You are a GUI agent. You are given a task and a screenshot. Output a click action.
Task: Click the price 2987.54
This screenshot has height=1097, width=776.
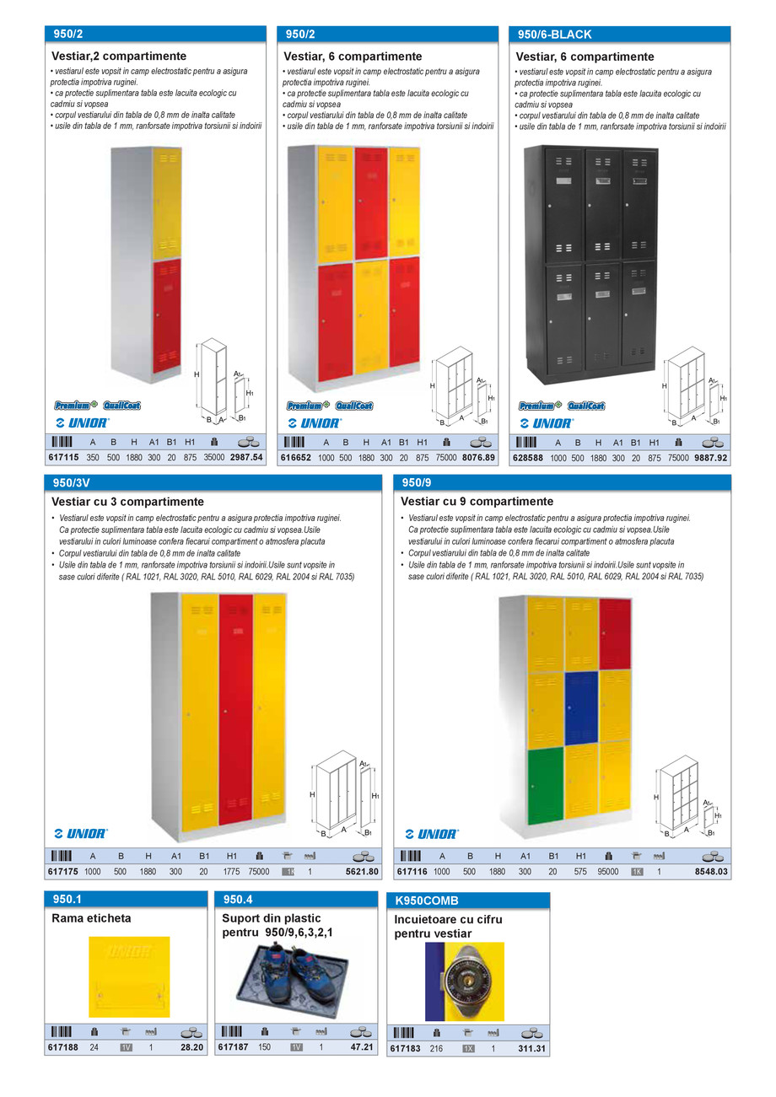click(246, 458)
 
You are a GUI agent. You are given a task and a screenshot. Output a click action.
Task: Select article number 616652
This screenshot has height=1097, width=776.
click(296, 458)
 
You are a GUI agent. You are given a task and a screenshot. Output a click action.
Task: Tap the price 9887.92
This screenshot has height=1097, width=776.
click(710, 458)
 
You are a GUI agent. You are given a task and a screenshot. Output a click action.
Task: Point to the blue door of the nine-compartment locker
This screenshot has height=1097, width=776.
click(581, 707)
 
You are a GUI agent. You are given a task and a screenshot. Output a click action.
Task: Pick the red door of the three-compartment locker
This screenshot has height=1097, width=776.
click(235, 708)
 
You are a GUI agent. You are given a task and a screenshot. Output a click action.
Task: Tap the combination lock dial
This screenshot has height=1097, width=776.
click(466, 981)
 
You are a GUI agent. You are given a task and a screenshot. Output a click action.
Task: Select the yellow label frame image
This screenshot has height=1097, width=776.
click(129, 976)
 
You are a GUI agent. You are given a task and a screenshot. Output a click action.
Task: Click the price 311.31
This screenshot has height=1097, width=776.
click(531, 1049)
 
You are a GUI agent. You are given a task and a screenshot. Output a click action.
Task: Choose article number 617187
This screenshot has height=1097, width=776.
click(233, 1047)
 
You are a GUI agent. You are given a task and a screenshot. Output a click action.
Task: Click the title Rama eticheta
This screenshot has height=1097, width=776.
click(91, 918)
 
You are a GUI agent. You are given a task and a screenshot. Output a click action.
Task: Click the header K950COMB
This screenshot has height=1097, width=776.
click(427, 901)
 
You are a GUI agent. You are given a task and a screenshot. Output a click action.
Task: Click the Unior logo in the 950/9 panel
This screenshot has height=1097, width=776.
click(431, 834)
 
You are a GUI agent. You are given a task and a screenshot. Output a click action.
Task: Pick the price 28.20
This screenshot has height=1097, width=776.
click(192, 1047)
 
